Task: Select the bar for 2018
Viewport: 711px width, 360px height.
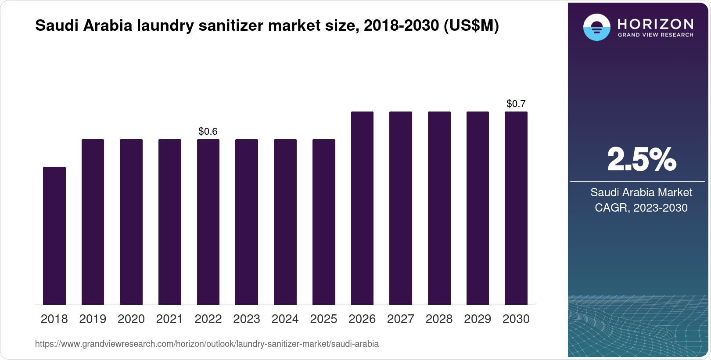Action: click(54, 236)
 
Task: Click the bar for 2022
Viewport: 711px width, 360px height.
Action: click(208, 222)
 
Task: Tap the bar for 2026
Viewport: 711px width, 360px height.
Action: click(362, 208)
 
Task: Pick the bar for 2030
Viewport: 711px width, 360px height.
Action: click(516, 208)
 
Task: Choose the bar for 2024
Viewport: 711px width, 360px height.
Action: click(285, 222)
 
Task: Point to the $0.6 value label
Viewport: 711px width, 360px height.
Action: click(208, 131)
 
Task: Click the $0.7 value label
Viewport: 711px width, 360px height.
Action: click(516, 104)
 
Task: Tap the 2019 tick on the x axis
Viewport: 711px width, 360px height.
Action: click(93, 319)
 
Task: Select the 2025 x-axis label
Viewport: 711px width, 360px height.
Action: click(323, 319)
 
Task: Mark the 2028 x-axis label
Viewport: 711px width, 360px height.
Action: click(439, 319)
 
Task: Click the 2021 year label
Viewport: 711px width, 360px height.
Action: click(169, 319)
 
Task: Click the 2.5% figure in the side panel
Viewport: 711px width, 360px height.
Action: click(641, 160)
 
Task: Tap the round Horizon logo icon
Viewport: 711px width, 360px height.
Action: click(596, 27)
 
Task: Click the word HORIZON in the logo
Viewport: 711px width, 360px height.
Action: click(655, 24)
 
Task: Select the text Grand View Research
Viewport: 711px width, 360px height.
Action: click(655, 35)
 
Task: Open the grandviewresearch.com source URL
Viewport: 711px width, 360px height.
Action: click(207, 344)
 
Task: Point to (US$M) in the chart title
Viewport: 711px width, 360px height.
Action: click(471, 25)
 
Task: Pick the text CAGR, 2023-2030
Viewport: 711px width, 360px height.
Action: click(641, 208)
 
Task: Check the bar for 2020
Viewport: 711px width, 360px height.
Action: click(131, 222)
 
